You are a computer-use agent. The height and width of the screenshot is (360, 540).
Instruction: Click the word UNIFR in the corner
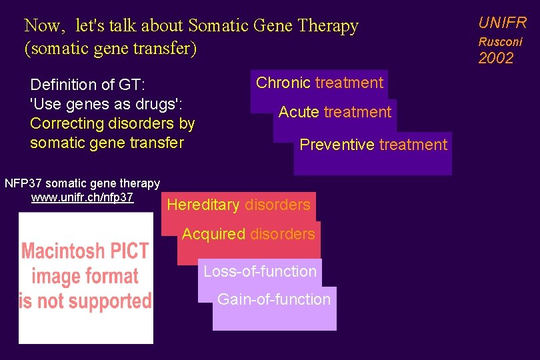pos(502,23)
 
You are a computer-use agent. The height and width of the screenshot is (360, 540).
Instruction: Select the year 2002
pos(496,59)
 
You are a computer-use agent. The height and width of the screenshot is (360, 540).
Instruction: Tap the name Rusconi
pos(500,41)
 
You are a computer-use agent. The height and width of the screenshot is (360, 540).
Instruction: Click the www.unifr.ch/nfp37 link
pos(82,197)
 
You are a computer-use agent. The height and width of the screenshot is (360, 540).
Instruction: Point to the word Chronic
pos(283,83)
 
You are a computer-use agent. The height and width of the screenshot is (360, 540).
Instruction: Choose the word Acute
pos(299,112)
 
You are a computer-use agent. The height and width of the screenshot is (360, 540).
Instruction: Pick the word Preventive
pos(337,145)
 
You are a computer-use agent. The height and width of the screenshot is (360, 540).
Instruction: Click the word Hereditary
pos(203,205)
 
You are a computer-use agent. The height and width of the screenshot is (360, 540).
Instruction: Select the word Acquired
pos(213,234)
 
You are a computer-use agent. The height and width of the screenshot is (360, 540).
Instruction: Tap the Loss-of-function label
pos(260,271)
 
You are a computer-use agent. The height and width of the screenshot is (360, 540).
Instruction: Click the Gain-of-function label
pos(274,299)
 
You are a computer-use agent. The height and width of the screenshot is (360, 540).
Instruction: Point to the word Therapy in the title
pos(328,26)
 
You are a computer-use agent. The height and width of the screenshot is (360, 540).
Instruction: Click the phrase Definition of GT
pos(87,85)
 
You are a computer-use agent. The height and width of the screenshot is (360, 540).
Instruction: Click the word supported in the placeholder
pos(111,301)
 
